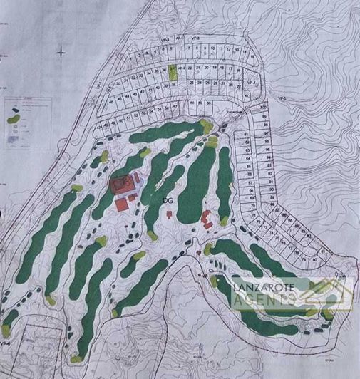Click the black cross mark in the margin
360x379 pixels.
[62, 51]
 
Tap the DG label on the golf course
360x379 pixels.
[168, 202]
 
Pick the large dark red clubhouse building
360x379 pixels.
[121, 185]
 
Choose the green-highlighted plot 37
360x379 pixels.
[172, 71]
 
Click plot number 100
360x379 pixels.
[263, 108]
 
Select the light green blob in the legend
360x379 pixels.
[13, 118]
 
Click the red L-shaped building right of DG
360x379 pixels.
[207, 217]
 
